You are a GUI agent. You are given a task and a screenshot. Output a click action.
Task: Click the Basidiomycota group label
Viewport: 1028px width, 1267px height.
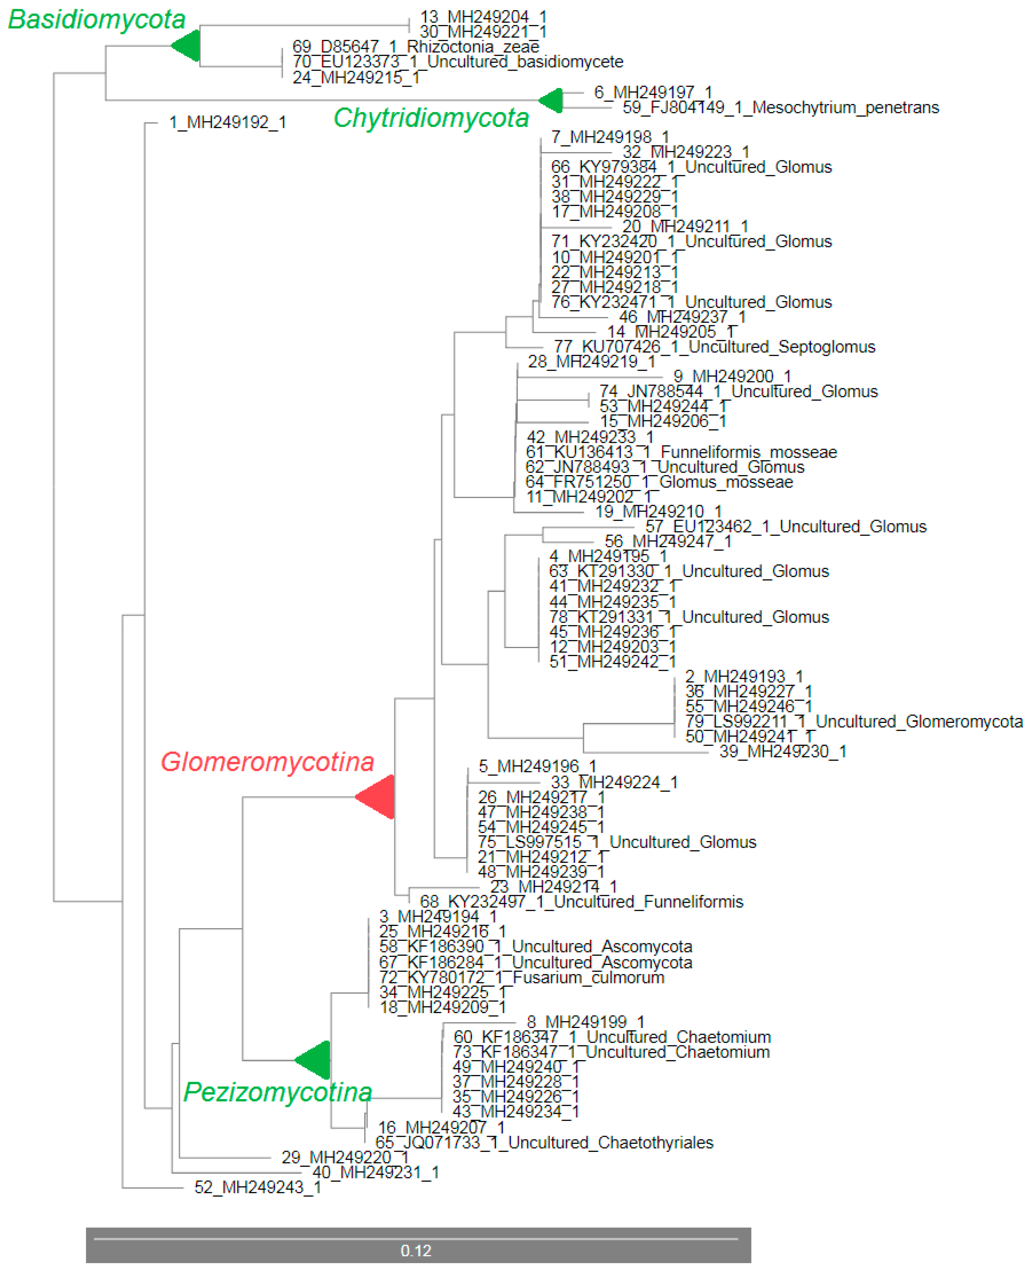(x=97, y=20)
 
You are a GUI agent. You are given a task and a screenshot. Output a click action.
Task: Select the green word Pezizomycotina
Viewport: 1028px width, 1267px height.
(x=278, y=1092)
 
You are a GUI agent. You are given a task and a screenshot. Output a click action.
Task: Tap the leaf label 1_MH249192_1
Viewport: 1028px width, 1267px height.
(x=227, y=122)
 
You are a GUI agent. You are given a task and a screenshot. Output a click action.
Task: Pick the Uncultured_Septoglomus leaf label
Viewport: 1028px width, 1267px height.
(x=714, y=347)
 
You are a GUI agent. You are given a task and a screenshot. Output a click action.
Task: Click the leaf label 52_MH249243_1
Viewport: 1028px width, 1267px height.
(x=258, y=1187)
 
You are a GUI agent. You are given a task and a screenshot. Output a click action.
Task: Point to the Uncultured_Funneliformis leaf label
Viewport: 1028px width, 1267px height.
(x=582, y=902)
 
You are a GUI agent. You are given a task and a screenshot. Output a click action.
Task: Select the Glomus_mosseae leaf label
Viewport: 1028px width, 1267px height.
(x=659, y=482)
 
